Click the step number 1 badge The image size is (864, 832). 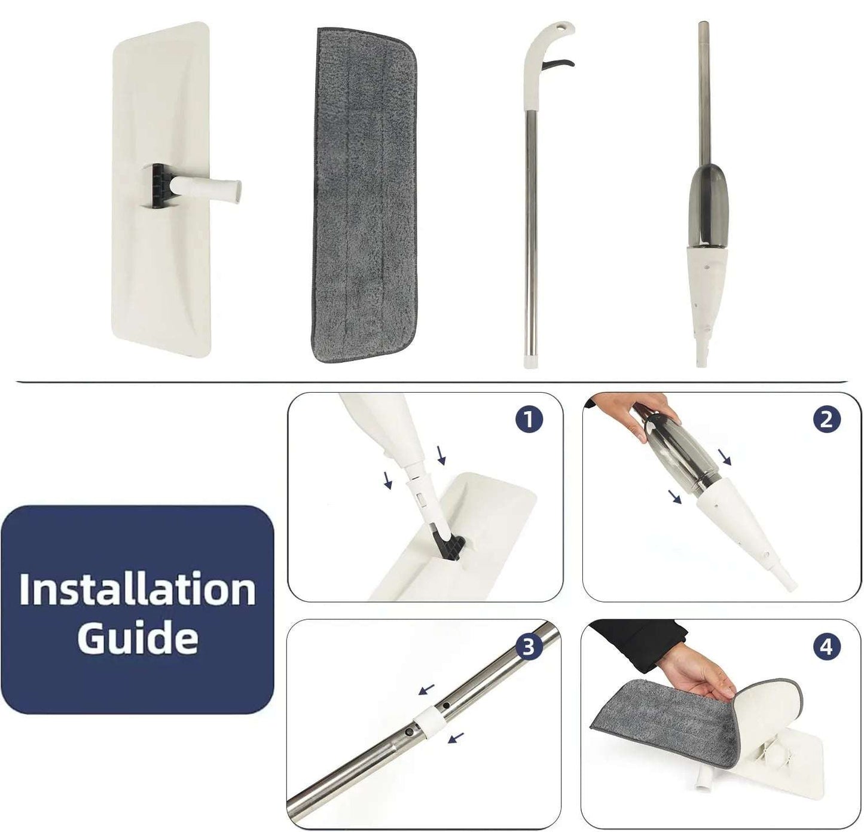tap(529, 419)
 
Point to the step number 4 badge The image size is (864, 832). tap(826, 647)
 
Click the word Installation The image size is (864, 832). tap(137, 590)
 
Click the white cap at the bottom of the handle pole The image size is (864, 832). tap(532, 360)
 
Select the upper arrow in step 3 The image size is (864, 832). tap(427, 689)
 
